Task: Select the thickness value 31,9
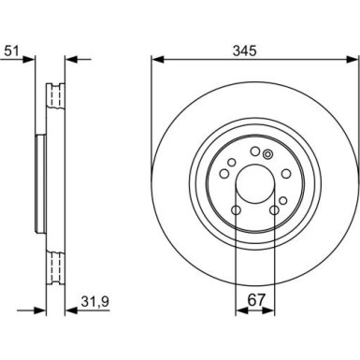click(88, 302)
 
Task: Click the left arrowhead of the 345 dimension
click(156, 62)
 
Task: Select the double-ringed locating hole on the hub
click(268, 154)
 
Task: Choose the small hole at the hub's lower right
click(277, 198)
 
